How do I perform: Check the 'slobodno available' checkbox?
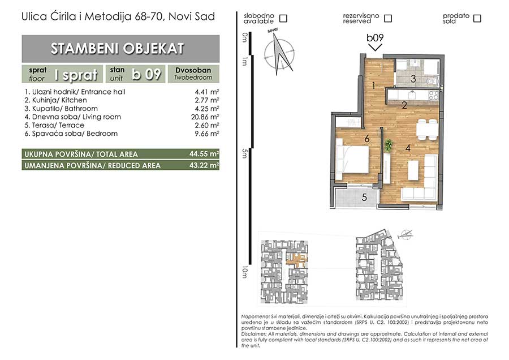(283, 18)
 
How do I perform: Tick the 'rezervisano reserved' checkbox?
(387, 18)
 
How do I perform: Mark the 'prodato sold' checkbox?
(477, 18)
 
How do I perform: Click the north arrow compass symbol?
(280, 53)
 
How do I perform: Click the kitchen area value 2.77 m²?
(207, 100)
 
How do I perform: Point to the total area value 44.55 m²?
(204, 154)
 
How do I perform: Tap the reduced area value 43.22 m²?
(204, 165)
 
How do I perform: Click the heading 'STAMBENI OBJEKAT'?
(117, 49)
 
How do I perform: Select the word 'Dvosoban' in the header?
(193, 70)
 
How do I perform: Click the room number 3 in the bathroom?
(413, 78)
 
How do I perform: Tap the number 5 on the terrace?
(364, 197)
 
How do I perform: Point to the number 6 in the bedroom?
(367, 139)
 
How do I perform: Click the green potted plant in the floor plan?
(388, 145)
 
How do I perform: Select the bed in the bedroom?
(352, 159)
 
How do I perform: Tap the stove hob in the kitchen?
(434, 95)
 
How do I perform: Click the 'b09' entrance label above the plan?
(375, 38)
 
